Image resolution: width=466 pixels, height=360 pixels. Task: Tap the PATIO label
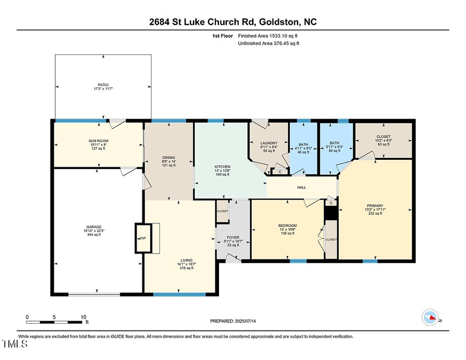click(104, 85)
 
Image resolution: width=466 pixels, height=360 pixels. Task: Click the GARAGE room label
click(93, 227)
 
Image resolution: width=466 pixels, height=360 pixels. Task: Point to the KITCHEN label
click(223, 167)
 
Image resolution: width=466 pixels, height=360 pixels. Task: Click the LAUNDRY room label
click(269, 143)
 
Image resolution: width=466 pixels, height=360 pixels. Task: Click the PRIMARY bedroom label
click(375, 205)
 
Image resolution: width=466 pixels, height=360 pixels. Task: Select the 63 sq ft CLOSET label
click(384, 138)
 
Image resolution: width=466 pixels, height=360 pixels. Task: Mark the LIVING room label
click(186, 260)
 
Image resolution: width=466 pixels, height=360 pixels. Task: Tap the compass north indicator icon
click(430, 316)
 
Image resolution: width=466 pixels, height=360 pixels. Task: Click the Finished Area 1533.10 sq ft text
click(267, 36)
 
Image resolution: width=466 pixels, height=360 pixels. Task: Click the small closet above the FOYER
click(222, 212)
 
